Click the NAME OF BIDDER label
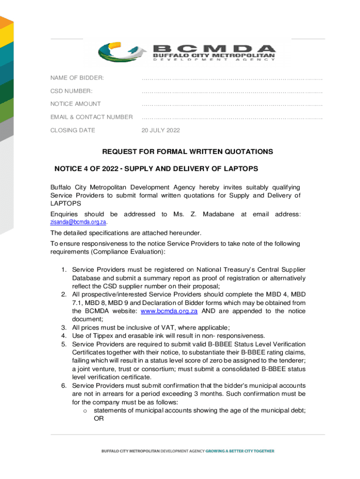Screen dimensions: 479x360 point(77,78)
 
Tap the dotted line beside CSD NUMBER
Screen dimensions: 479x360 point(232,91)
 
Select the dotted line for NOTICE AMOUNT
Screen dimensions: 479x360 point(232,104)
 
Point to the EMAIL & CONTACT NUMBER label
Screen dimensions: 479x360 point(92,117)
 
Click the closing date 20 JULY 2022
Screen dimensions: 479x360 point(160,131)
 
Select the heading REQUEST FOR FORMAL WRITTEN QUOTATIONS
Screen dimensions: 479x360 point(187,152)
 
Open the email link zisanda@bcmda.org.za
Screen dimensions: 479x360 point(78,222)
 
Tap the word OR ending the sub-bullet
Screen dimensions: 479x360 point(99,419)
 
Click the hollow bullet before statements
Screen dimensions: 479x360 point(85,411)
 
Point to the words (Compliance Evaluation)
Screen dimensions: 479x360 point(128,252)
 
